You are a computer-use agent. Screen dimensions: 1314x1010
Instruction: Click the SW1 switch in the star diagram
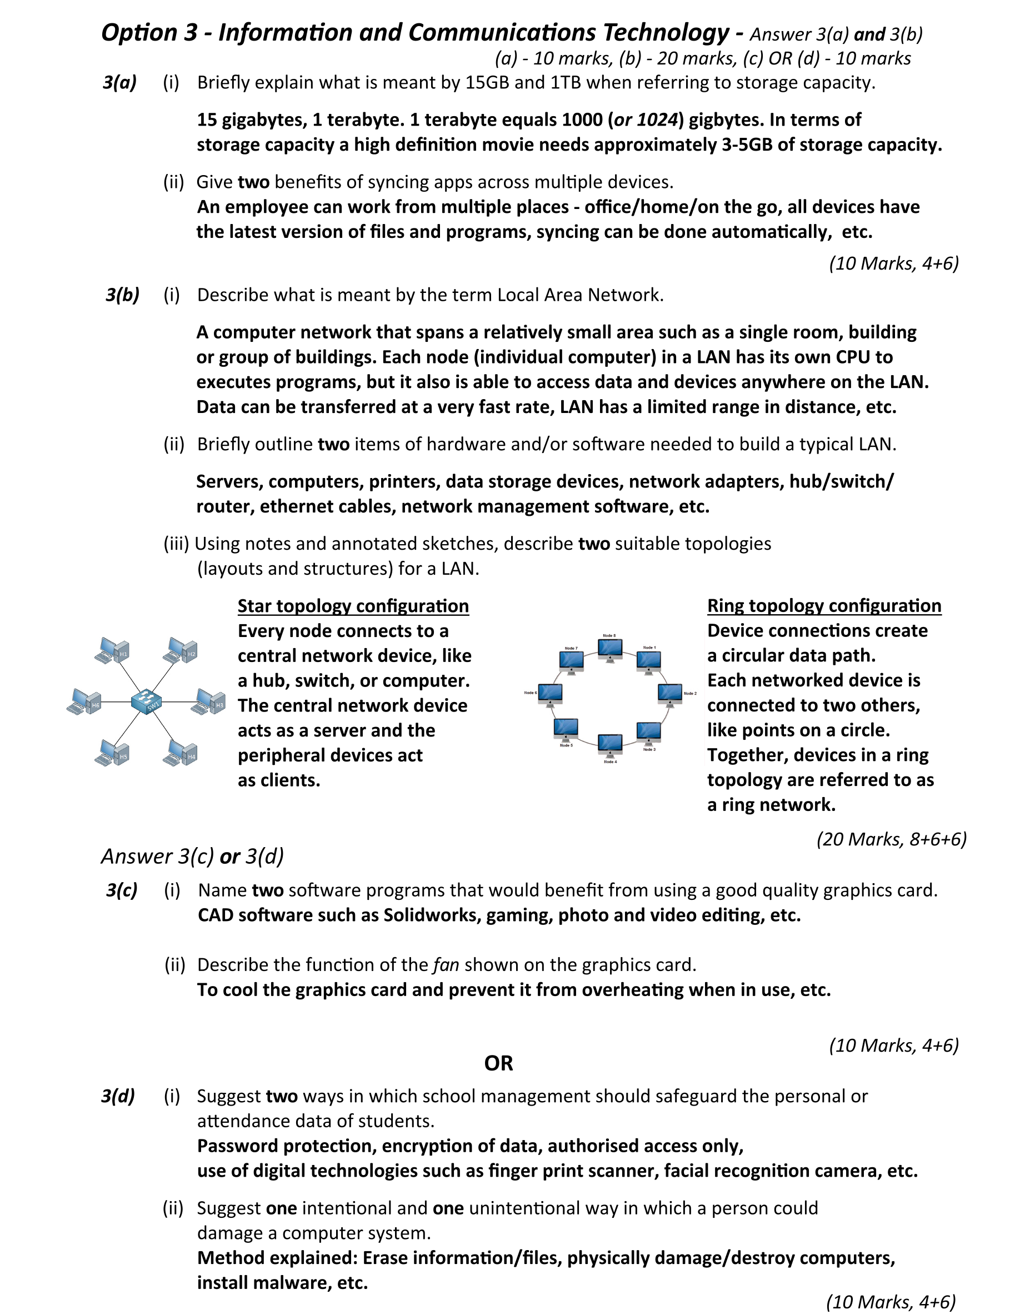146,701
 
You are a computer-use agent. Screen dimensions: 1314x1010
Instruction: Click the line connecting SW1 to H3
179,702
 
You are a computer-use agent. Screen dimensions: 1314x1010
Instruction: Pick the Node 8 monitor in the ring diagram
610,649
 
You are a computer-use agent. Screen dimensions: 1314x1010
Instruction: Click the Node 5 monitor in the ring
566,729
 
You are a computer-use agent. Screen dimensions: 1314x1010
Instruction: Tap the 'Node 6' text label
530,693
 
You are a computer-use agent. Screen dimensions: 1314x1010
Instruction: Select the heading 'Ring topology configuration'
824,605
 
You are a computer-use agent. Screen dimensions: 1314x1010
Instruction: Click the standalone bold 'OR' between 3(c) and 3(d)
498,1063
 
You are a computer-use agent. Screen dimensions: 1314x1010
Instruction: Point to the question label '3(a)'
119,82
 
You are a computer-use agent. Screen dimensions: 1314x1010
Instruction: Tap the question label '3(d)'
118,1096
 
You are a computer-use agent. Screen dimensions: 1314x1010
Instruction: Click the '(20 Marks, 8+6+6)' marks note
891,839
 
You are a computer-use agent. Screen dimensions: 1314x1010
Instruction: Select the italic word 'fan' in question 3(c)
446,964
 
